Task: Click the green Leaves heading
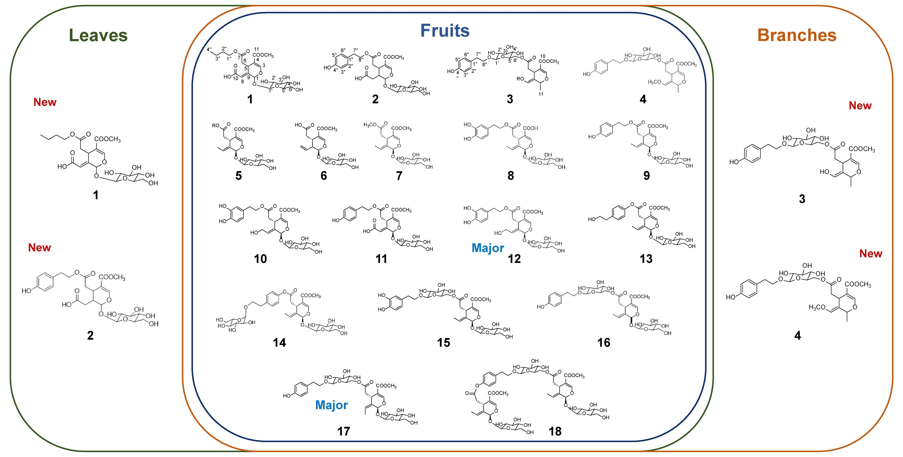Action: (x=98, y=35)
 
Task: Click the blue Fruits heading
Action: (x=445, y=31)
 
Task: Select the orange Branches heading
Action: (x=797, y=35)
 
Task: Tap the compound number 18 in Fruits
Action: (x=555, y=431)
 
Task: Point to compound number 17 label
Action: (x=343, y=431)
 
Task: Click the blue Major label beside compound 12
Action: (x=488, y=248)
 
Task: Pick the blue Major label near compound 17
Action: (x=331, y=405)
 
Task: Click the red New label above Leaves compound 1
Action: (x=45, y=102)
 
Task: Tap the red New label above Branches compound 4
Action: (x=870, y=254)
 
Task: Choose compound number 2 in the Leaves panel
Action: (x=90, y=335)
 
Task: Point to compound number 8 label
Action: (x=510, y=176)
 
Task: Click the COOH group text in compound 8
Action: (x=530, y=128)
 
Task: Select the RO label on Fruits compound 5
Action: (x=216, y=125)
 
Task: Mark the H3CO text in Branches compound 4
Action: (x=817, y=308)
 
